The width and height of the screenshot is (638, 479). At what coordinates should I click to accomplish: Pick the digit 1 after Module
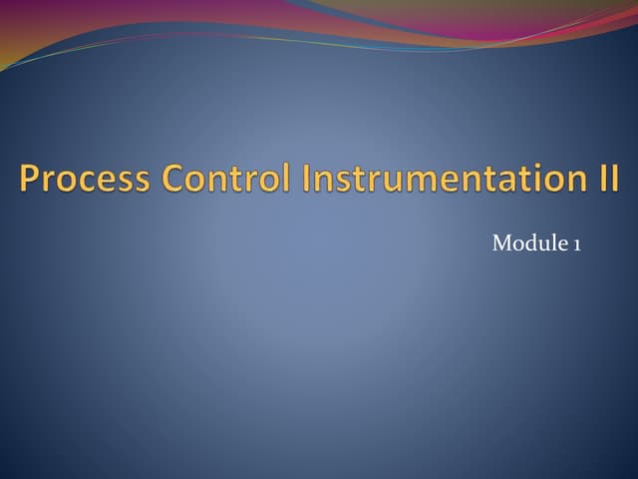(576, 243)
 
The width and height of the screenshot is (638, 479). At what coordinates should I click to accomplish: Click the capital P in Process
(29, 179)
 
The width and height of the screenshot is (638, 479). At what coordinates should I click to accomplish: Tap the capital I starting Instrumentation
(305, 179)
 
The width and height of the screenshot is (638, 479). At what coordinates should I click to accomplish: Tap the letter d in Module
(528, 243)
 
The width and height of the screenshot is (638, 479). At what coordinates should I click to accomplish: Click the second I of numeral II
(609, 179)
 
